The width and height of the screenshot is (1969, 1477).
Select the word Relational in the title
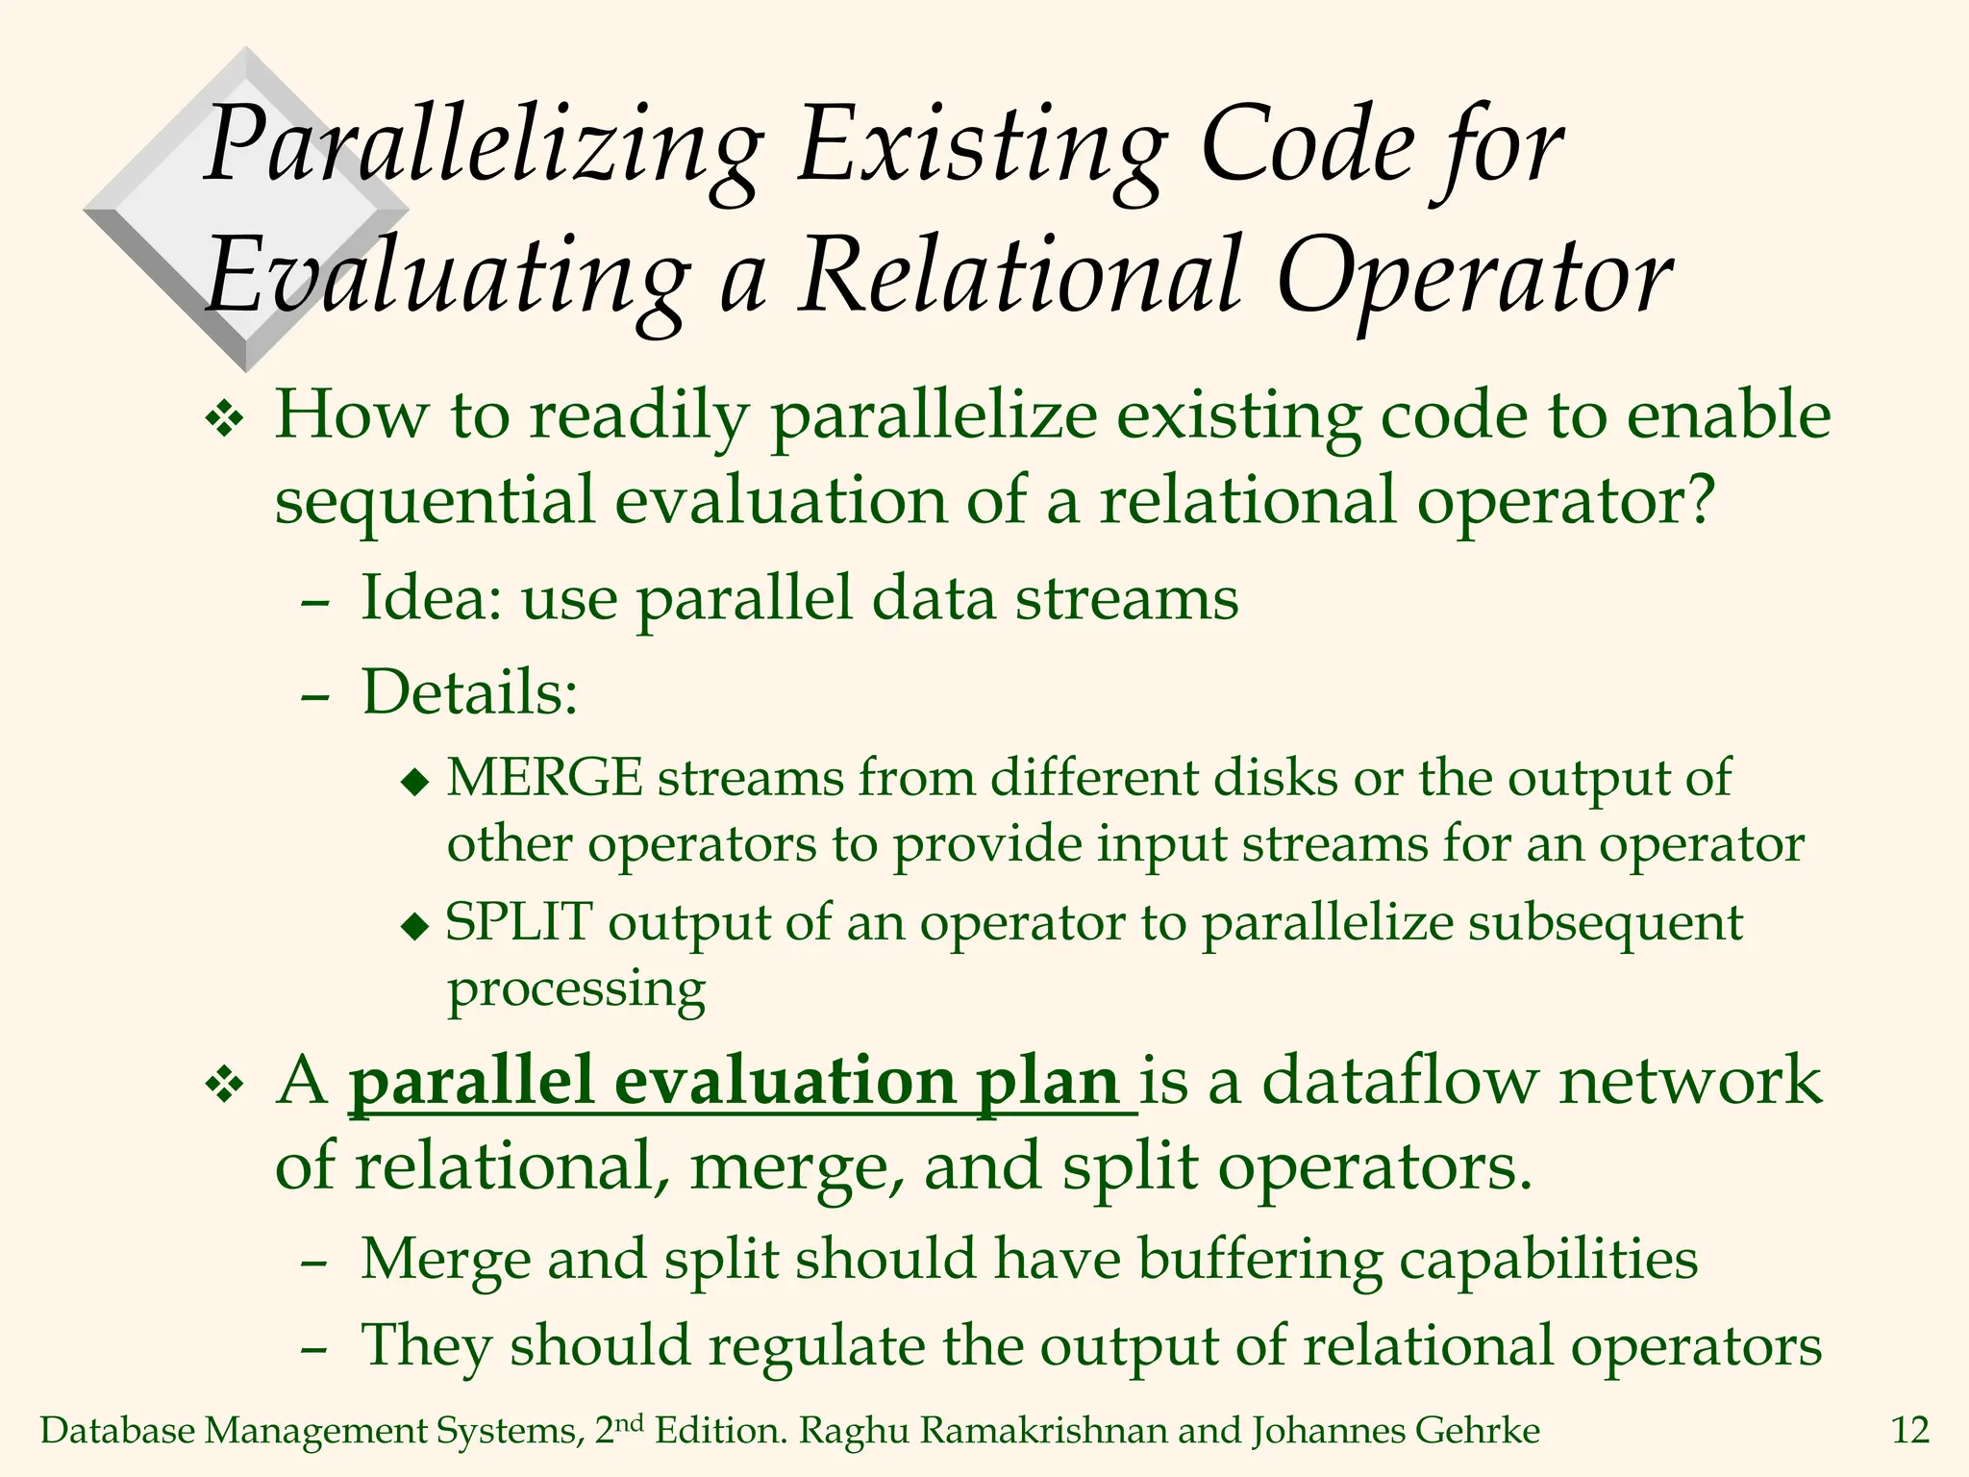(x=1021, y=276)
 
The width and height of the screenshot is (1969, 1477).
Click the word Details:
(x=469, y=691)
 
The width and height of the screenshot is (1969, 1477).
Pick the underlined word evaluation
(x=785, y=1081)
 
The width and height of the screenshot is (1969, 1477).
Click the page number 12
(x=1909, y=1431)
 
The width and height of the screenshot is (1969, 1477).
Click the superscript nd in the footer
(x=629, y=1422)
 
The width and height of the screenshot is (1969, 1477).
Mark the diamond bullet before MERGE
(x=415, y=782)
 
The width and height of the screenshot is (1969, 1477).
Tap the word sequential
(x=435, y=501)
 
